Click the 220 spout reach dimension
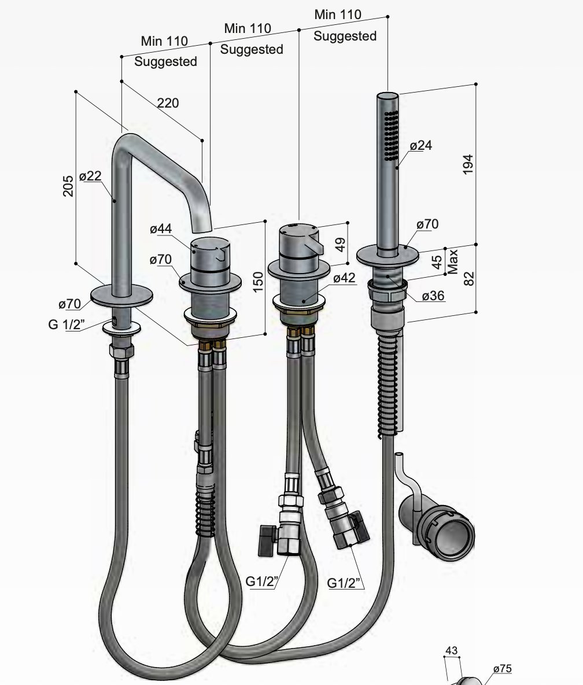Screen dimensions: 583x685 [168, 103]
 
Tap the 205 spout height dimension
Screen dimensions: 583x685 [68, 186]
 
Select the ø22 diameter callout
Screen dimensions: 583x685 [90, 176]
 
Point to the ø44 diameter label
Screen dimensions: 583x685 [161, 229]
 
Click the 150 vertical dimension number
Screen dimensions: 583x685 [258, 282]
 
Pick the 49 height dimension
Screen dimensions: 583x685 [340, 244]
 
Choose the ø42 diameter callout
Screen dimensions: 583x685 [344, 278]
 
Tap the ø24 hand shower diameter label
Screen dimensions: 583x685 [421, 145]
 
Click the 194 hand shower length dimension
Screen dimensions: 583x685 [468, 164]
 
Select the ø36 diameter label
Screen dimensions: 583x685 [433, 296]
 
